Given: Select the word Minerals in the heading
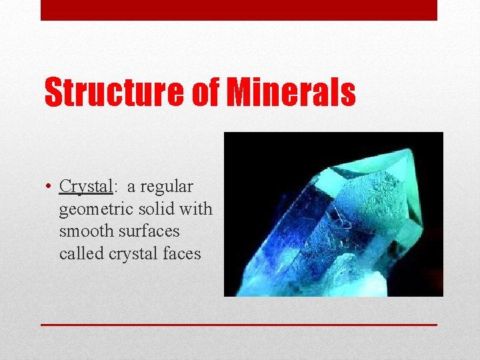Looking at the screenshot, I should click(291, 93).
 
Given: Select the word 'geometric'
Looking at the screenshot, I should click(97, 209).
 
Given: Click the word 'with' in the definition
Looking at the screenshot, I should click(197, 209).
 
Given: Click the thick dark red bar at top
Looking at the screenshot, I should click(239, 10).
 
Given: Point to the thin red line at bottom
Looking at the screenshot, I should click(239, 325).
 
